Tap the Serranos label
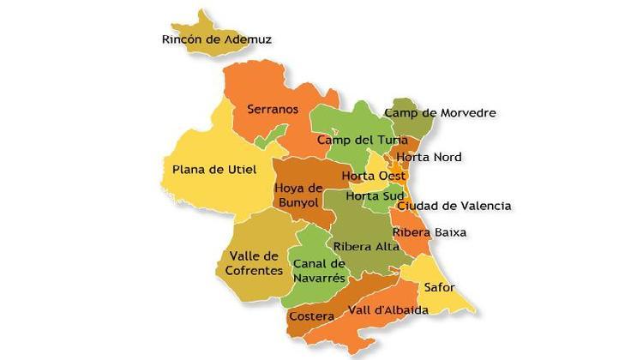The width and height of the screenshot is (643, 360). pyautogui.click(x=273, y=109)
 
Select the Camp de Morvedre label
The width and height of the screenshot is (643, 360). pyautogui.click(x=440, y=112)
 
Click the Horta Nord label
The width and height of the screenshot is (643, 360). pyautogui.click(x=428, y=157)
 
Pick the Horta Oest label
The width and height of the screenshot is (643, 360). pyautogui.click(x=373, y=177)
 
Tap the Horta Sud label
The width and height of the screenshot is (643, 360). pyautogui.click(x=369, y=196)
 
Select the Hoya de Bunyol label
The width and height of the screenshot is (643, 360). pyautogui.click(x=298, y=195)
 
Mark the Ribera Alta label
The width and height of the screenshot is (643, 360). pyautogui.click(x=366, y=247)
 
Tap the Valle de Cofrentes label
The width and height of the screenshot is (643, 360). pyautogui.click(x=255, y=263)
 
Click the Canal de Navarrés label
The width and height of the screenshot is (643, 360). pyautogui.click(x=319, y=270)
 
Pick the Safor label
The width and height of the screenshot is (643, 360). pyautogui.click(x=439, y=287)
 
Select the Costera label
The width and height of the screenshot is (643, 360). pyautogui.click(x=311, y=316)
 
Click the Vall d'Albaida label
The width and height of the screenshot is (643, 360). pyautogui.click(x=388, y=309)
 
